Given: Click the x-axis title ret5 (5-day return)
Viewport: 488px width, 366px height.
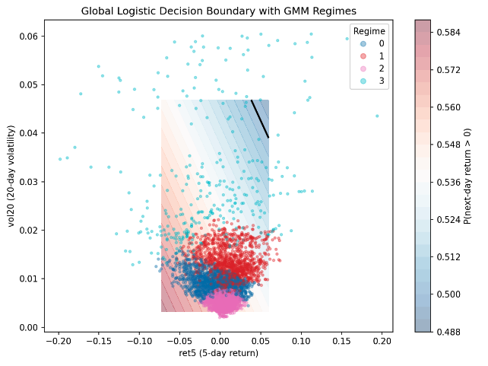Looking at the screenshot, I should click(x=220, y=353).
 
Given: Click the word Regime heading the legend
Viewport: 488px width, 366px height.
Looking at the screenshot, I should click(x=369, y=32).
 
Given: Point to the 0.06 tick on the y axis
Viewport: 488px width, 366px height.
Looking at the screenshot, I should click(x=29, y=36).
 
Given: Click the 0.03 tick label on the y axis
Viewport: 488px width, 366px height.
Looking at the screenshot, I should click(x=29, y=182).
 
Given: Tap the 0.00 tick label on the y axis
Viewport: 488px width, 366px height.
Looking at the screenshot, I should click(x=29, y=327).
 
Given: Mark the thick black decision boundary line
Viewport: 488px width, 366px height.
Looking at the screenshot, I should click(x=260, y=119).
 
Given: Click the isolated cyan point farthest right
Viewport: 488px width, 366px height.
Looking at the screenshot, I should click(x=377, y=116).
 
